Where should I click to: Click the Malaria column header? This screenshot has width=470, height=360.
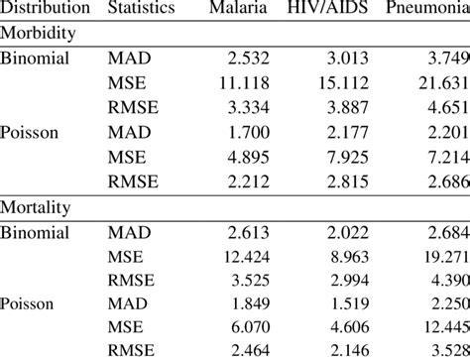(238, 9)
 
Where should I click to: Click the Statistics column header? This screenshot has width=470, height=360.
(141, 9)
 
